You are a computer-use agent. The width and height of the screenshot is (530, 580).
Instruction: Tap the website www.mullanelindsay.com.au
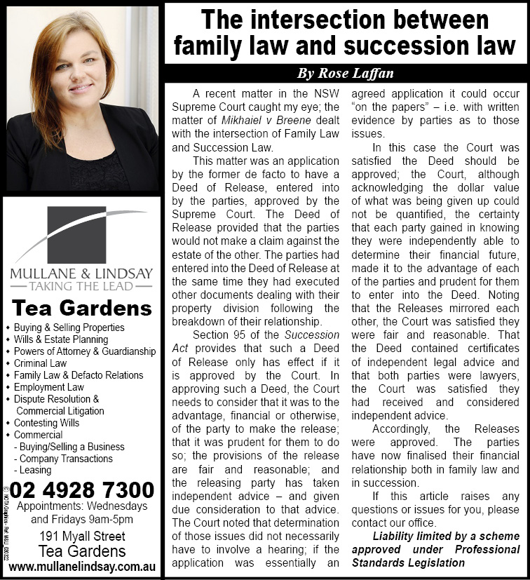[x=82, y=566]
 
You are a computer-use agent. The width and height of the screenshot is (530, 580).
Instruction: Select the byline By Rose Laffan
[x=346, y=73]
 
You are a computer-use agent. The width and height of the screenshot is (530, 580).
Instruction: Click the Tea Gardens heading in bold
[x=83, y=309]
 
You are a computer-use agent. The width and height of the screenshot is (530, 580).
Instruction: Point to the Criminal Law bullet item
[x=40, y=363]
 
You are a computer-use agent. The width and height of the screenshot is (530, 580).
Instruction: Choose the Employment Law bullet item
[x=48, y=387]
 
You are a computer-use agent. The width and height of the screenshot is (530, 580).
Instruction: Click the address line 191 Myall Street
[x=83, y=537]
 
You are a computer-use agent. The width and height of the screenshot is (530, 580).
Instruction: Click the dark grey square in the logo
[x=81, y=234]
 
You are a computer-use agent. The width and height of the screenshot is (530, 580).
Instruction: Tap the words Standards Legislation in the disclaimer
[x=408, y=562]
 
